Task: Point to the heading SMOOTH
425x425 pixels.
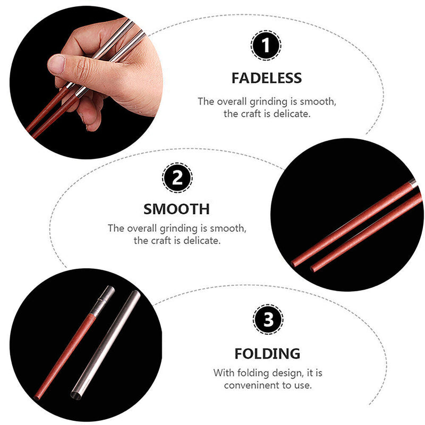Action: [177, 208]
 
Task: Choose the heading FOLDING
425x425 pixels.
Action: [268, 353]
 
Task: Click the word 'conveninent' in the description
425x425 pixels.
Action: [250, 385]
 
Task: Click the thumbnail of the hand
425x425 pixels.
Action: [85, 80]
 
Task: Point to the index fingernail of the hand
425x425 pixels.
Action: [56, 65]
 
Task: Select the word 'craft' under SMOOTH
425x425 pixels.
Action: [163, 241]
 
